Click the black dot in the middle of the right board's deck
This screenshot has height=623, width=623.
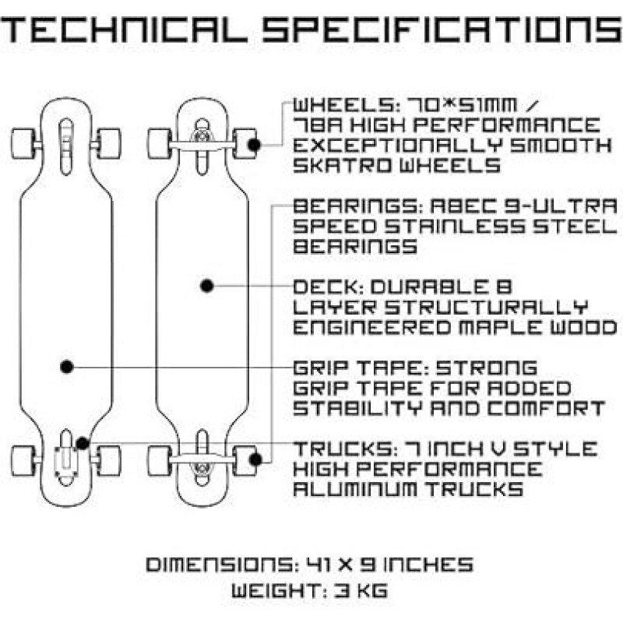click(206, 286)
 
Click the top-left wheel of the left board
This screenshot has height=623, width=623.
click(23, 143)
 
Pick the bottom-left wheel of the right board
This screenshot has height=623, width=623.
click(159, 461)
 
